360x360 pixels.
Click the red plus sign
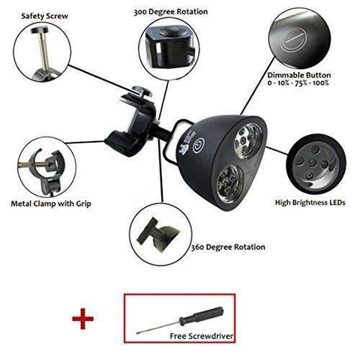point(82,319)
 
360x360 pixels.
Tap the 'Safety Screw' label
point(45,16)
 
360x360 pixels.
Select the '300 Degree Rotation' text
point(171,12)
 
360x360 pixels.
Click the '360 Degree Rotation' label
point(228,247)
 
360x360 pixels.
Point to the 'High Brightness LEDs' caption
point(310,202)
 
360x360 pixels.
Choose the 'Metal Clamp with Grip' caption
point(51,204)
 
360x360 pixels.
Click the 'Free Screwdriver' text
point(202,336)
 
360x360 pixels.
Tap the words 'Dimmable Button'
point(299,75)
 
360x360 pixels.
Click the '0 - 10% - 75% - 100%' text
point(298,83)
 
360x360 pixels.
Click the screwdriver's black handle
point(202,313)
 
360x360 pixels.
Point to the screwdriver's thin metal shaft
point(158,326)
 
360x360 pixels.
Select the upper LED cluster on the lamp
point(247,141)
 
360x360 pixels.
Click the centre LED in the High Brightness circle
point(312,163)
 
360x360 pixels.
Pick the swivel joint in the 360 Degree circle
point(158,235)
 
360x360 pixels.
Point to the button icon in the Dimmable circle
point(292,40)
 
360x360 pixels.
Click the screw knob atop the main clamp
point(142,91)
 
